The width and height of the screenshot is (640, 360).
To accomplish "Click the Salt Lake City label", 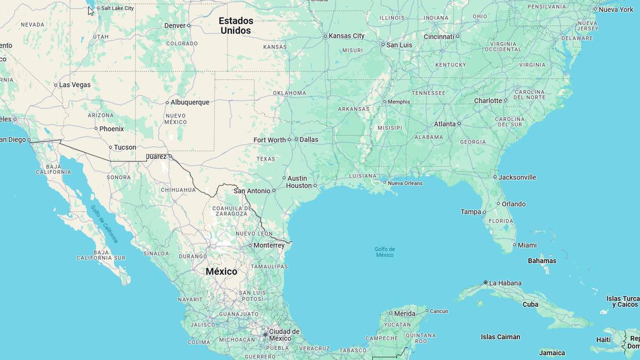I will coord(117,8).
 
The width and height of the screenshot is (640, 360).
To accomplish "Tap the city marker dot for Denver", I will coord(189,26).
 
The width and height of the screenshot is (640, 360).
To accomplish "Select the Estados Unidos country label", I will coord(236,26).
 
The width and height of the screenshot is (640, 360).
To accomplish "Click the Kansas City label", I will coord(347,36).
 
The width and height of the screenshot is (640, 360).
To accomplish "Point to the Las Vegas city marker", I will coord(55,85).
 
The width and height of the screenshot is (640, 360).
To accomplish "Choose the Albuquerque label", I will coord(190,102).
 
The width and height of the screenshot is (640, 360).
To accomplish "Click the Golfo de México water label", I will coord(385,252).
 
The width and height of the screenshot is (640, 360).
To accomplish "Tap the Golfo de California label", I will coord(105,224).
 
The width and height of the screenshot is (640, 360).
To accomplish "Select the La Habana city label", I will coord(505,283).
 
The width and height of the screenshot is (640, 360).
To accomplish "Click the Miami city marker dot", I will coord(514,245).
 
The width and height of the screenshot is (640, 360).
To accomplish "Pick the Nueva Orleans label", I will coord(405,183).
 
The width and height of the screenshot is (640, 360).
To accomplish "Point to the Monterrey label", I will coord(269,245).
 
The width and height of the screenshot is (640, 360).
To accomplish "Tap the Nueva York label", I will coord(616,10).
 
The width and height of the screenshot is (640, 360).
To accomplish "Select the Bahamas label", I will coord(542,261).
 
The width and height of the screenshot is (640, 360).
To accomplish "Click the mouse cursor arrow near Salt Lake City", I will coord(90,10).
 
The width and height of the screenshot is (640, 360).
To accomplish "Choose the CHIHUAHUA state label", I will coord(178,189).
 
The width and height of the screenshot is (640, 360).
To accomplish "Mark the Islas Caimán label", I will coord(500,337).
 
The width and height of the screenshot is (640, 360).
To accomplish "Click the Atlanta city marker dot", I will coord(459,124).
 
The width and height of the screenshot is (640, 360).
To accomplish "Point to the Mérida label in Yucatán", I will coord(404,313).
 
